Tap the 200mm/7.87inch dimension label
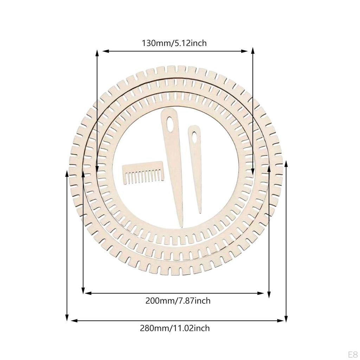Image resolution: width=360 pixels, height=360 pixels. [x=178, y=301]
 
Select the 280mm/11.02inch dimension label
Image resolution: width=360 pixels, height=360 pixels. [x=175, y=328]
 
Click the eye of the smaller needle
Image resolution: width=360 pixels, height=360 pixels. [x=193, y=137]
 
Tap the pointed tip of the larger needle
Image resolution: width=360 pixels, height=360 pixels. [x=181, y=226]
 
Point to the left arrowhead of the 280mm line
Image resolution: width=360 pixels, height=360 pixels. [x=73, y=320]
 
